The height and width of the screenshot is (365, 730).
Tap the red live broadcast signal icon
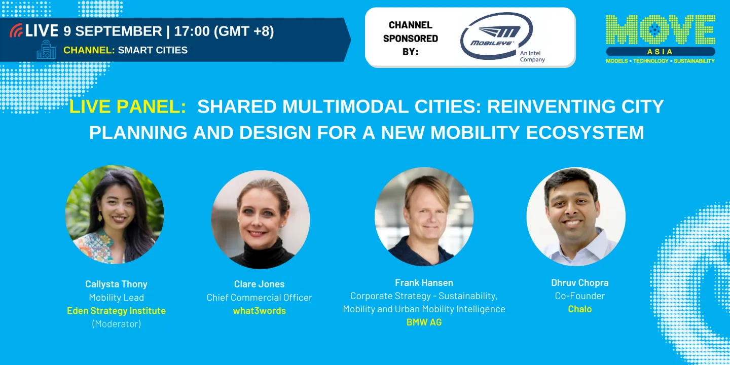tap(16, 31)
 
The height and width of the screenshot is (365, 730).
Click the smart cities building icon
tap(46, 50)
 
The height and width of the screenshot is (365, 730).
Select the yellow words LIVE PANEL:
tap(128, 106)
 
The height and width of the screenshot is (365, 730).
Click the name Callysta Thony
tap(116, 284)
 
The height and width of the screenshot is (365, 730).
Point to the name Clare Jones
tap(259, 284)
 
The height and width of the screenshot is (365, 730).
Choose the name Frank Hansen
tap(424, 282)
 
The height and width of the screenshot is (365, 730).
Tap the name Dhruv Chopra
tap(579, 282)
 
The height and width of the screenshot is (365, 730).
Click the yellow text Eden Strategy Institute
tap(116, 311)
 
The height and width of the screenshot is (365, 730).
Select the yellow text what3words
tap(259, 311)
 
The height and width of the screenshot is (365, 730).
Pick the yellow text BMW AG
tap(424, 322)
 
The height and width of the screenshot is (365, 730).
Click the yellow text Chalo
tap(579, 309)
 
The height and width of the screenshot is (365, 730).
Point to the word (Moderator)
tap(116, 324)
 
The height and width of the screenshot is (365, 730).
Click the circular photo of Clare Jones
tap(260, 219)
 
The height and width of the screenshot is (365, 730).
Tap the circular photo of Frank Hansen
tap(424, 216)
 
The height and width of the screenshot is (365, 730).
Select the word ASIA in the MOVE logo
tap(660, 52)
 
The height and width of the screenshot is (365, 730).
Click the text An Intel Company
tap(532, 56)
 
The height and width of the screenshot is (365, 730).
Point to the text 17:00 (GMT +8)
tap(224, 31)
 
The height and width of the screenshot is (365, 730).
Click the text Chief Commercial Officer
tap(259, 298)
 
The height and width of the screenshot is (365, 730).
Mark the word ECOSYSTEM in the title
tap(585, 132)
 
